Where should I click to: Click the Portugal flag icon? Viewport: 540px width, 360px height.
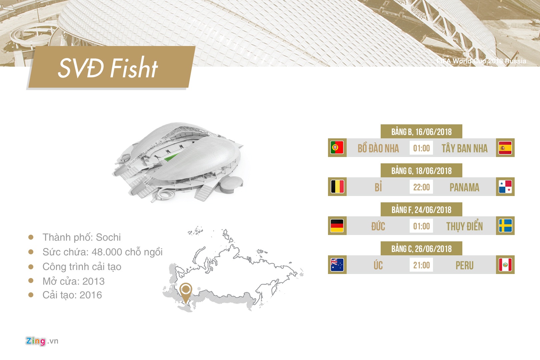337,148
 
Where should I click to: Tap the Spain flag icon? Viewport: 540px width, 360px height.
505,148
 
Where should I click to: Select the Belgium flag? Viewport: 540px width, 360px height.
337,187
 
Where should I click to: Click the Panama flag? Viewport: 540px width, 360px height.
505,187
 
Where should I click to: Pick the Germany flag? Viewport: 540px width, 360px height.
337,226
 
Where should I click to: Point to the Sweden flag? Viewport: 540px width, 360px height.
505,226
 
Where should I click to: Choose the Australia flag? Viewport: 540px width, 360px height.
337,265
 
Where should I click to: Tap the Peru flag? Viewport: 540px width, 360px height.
505,265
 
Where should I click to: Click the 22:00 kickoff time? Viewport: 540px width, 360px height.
421,187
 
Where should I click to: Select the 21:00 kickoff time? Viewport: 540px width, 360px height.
421,265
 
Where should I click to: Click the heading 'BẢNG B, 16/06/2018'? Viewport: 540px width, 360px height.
421,132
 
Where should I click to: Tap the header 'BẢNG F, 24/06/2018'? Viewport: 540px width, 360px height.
421,210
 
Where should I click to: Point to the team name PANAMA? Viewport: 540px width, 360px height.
464,187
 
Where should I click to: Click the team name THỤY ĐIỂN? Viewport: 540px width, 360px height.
464,226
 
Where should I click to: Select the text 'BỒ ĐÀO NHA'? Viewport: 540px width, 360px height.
378,148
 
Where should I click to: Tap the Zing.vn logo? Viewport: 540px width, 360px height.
42,341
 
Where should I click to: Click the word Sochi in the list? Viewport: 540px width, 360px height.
108,237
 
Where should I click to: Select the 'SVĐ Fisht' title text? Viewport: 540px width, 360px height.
108,68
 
